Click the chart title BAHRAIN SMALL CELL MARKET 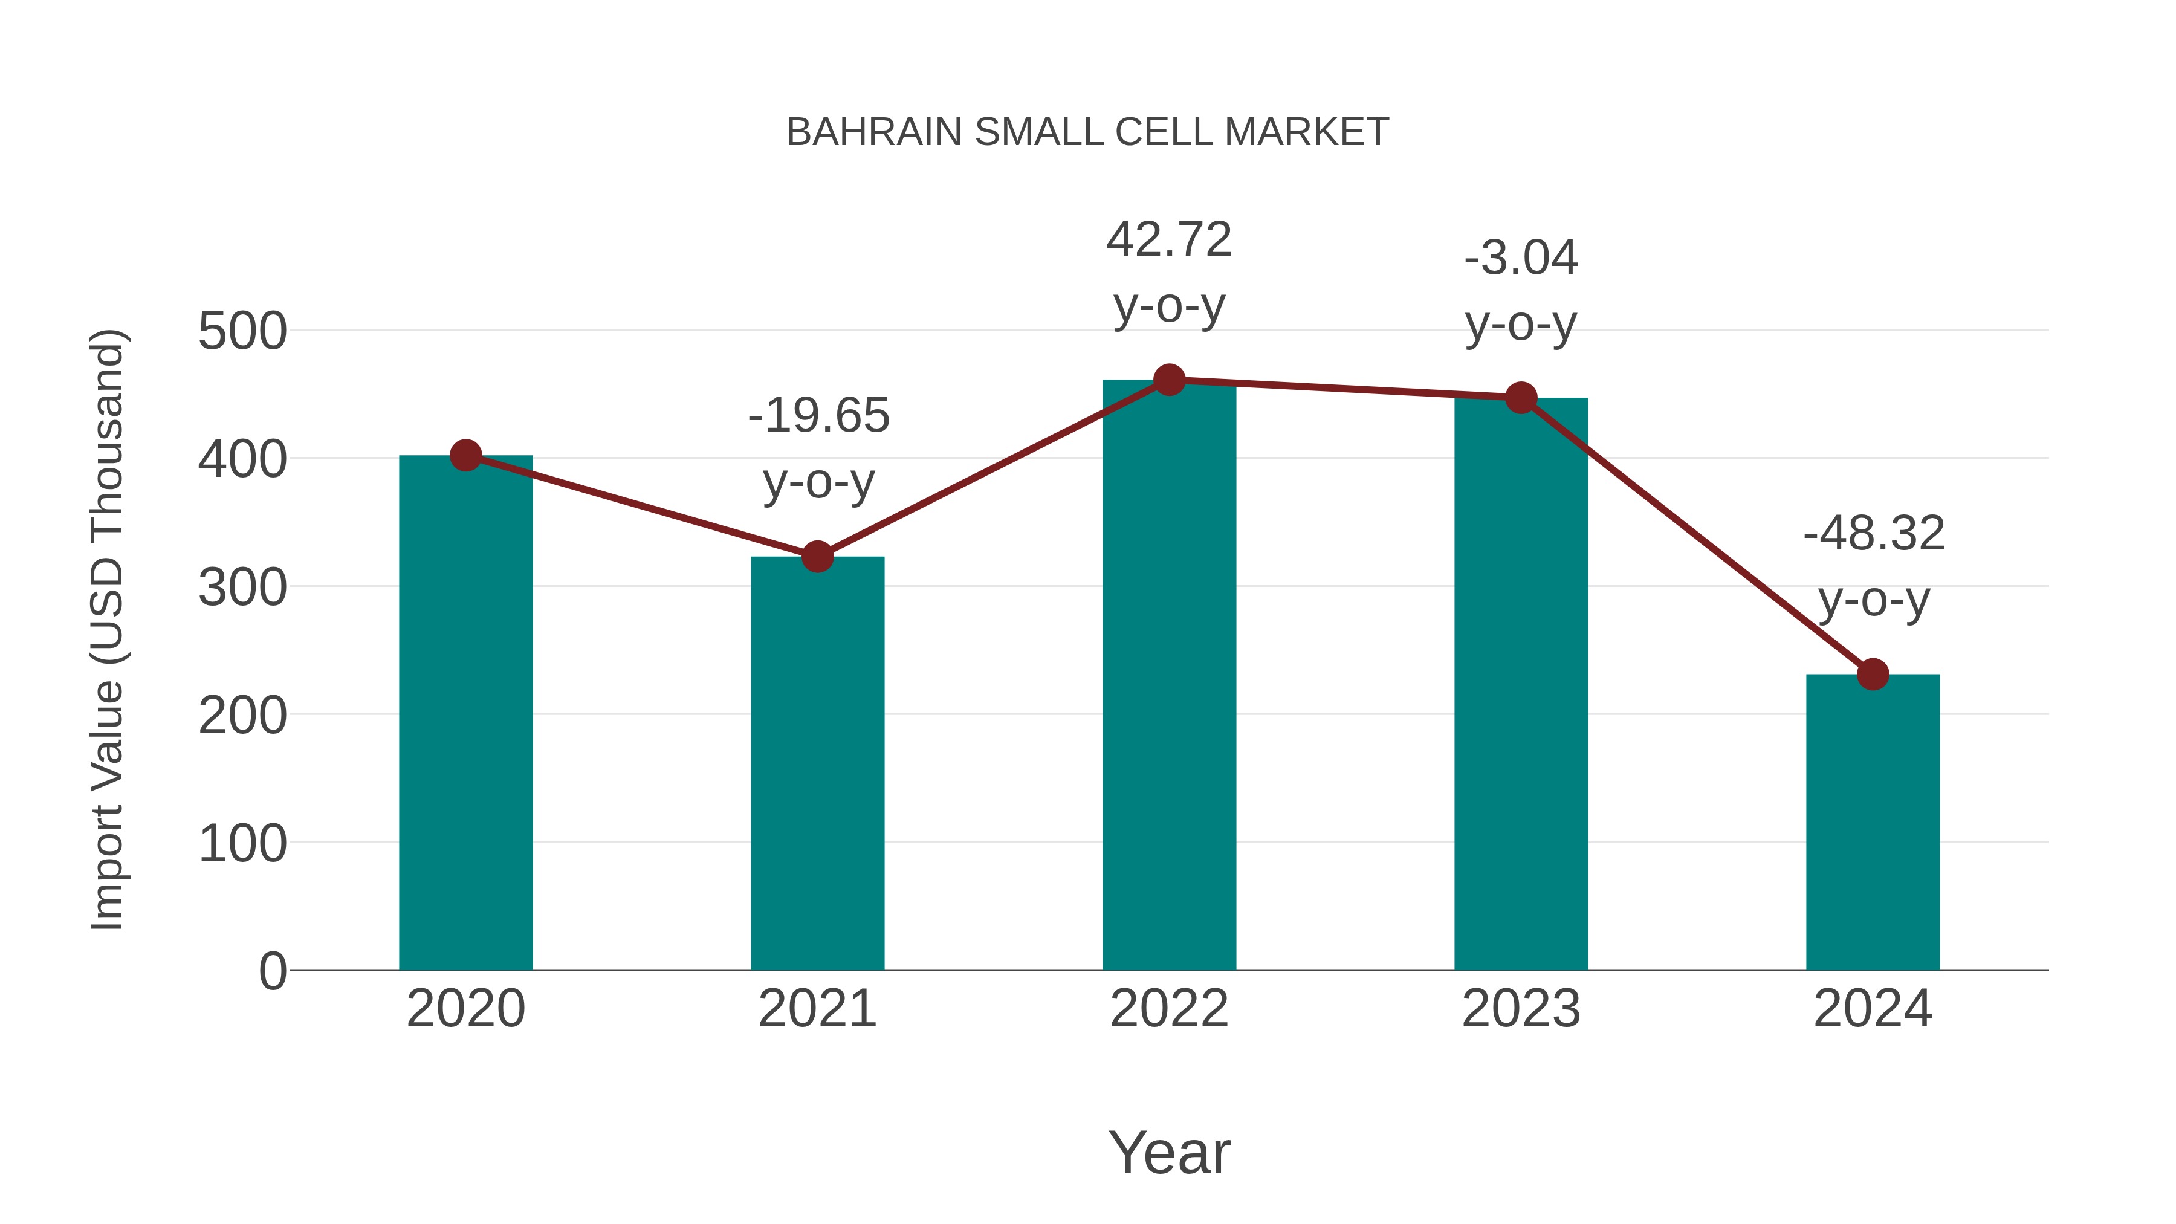pyautogui.click(x=1087, y=132)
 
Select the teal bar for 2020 pyautogui.click(x=465, y=718)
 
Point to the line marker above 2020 pyautogui.click(x=465, y=455)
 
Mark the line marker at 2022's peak pyautogui.click(x=1169, y=380)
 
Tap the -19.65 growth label pyautogui.click(x=818, y=416)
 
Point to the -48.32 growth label pyautogui.click(x=1874, y=534)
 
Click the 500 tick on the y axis pyautogui.click(x=242, y=331)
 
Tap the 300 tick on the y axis pyautogui.click(x=242, y=588)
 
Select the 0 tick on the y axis pyautogui.click(x=272, y=971)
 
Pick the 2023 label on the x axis pyautogui.click(x=1521, y=1009)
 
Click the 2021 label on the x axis pyautogui.click(x=817, y=1009)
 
